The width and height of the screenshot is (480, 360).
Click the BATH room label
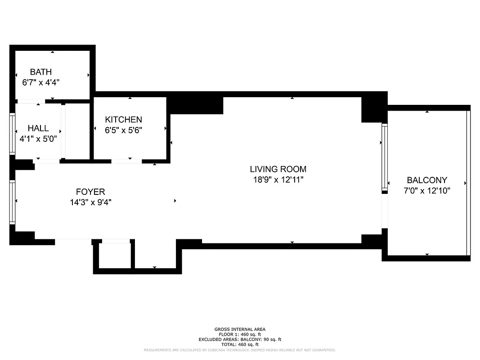pyautogui.click(x=41, y=72)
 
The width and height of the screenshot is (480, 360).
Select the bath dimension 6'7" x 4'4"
pyautogui.click(x=41, y=82)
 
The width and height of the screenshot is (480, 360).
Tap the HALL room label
pyautogui.click(x=38, y=129)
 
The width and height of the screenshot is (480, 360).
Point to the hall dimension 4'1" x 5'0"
pyautogui.click(x=38, y=139)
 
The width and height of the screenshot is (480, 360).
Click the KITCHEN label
pyautogui.click(x=123, y=119)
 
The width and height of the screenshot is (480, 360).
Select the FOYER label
pyautogui.click(x=90, y=192)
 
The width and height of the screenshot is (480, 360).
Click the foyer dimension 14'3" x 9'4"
pyautogui.click(x=90, y=202)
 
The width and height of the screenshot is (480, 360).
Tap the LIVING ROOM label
pyautogui.click(x=278, y=169)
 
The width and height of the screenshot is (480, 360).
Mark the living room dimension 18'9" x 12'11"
pyautogui.click(x=278, y=180)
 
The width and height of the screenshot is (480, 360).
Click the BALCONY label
pyautogui.click(x=427, y=180)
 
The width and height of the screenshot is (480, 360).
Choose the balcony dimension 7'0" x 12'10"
pyautogui.click(x=427, y=190)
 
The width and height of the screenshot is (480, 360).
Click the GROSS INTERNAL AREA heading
pyautogui.click(x=240, y=329)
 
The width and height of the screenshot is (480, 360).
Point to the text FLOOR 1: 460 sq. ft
pyautogui.click(x=240, y=334)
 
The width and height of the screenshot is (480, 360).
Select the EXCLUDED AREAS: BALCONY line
pyautogui.click(x=240, y=339)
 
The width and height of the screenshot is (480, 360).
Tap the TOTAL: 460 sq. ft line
pyautogui.click(x=240, y=344)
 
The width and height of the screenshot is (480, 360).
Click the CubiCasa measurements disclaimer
pyautogui.click(x=240, y=350)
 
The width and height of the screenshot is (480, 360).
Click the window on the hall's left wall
pyautogui.click(x=13, y=134)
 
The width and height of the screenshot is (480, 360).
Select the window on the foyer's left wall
pyautogui.click(x=13, y=202)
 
